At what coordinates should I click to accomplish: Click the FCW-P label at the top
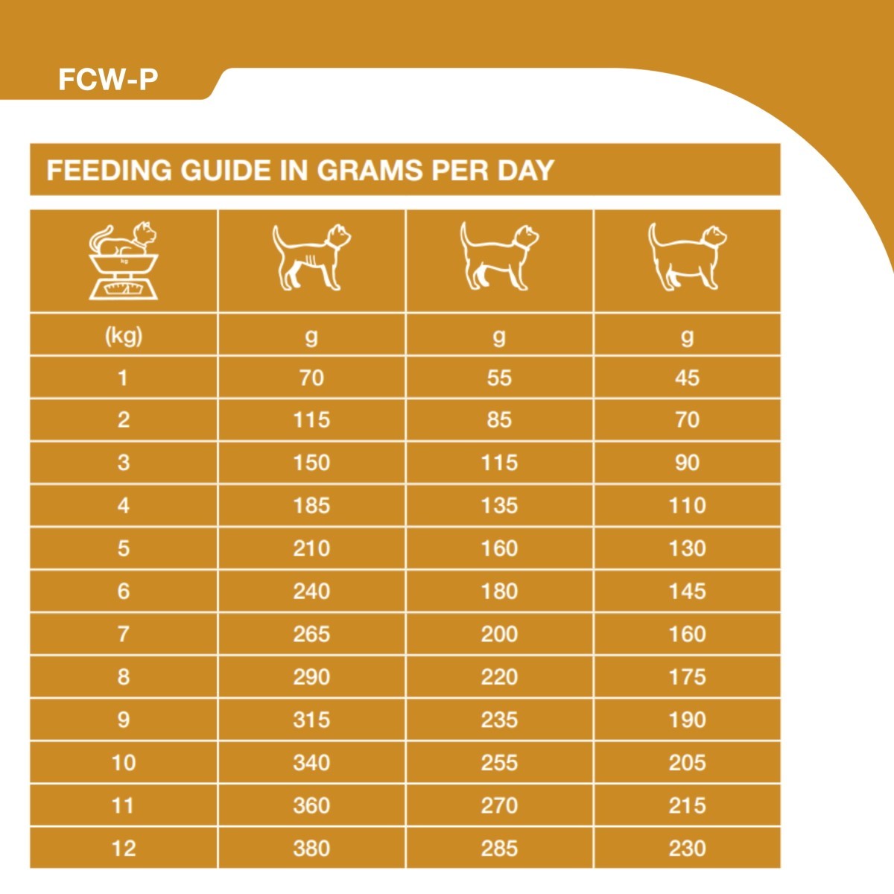click(x=108, y=80)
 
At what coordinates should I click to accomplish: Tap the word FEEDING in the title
click(x=109, y=170)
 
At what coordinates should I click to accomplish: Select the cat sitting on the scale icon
click(x=124, y=261)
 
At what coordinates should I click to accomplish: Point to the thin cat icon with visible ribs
click(x=311, y=257)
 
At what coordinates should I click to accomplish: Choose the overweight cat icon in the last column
click(x=687, y=257)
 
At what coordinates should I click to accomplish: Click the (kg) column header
click(x=124, y=336)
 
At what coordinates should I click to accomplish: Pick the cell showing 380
click(x=311, y=848)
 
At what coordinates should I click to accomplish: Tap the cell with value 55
click(x=499, y=378)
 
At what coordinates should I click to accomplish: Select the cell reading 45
click(x=687, y=378)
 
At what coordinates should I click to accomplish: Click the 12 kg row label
click(x=124, y=848)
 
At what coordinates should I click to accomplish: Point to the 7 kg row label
click(x=124, y=634)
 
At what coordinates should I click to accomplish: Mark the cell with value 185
click(x=311, y=506)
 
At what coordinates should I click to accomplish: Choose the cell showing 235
click(x=499, y=720)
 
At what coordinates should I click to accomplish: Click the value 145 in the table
click(x=687, y=592)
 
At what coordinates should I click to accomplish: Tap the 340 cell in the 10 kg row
click(x=311, y=762)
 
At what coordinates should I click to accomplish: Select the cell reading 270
click(x=499, y=805)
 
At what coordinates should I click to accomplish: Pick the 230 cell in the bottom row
click(x=687, y=848)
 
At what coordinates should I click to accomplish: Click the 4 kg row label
click(x=124, y=506)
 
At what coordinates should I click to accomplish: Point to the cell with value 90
click(x=687, y=463)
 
